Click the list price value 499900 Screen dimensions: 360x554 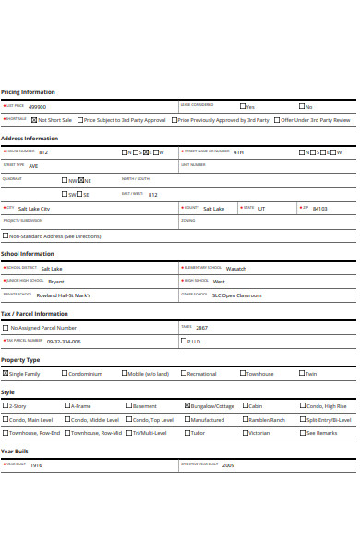38,106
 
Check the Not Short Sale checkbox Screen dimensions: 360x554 34,120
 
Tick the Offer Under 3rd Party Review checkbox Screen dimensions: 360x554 276,120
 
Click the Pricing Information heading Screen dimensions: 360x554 28,92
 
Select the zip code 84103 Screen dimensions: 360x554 319,209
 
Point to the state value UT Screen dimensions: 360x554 261,209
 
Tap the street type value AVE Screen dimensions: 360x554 33,166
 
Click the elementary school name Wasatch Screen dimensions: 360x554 235,268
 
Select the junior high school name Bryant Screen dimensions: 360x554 56,281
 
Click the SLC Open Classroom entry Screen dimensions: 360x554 236,295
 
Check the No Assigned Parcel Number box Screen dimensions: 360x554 6,328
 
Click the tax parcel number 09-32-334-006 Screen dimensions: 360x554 64,341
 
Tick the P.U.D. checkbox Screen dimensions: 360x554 183,341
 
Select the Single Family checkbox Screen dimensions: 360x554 6,374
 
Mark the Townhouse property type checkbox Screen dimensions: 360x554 244,374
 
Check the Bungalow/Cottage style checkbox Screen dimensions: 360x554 188,406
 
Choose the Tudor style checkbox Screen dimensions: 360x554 188,432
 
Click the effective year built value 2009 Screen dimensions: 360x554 228,465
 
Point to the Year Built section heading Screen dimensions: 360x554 16,452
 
